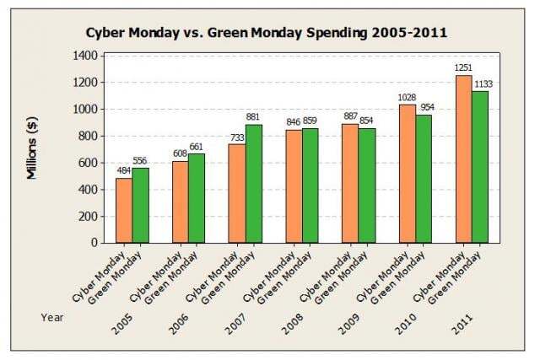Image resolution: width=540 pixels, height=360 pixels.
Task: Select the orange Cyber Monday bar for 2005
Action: point(124,210)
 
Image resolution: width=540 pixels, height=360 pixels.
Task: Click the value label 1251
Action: point(462,68)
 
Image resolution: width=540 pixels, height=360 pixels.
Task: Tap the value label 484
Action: point(124,171)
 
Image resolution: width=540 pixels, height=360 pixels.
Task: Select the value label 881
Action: point(253,117)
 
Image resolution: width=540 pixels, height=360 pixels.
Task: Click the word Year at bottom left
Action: point(51,316)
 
